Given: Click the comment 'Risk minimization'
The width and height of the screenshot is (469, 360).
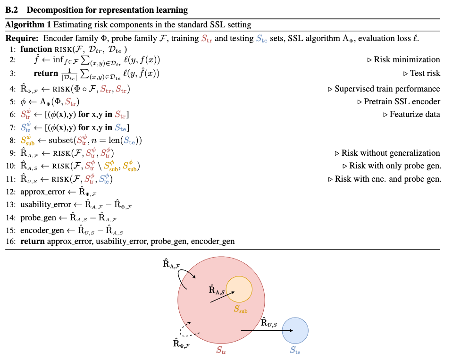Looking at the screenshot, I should pos(407,59).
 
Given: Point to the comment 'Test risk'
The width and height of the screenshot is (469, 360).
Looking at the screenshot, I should pos(425,73).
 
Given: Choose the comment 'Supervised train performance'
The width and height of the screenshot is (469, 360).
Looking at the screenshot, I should pos(387,89).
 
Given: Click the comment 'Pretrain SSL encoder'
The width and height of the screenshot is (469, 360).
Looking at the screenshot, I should pos(402,101).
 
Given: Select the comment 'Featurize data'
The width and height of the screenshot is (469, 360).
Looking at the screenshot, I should pos(415,114).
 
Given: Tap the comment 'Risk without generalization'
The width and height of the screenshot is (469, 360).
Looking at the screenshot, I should pos(391,153).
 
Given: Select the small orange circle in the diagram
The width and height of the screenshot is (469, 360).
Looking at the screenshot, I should pos(239,289).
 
